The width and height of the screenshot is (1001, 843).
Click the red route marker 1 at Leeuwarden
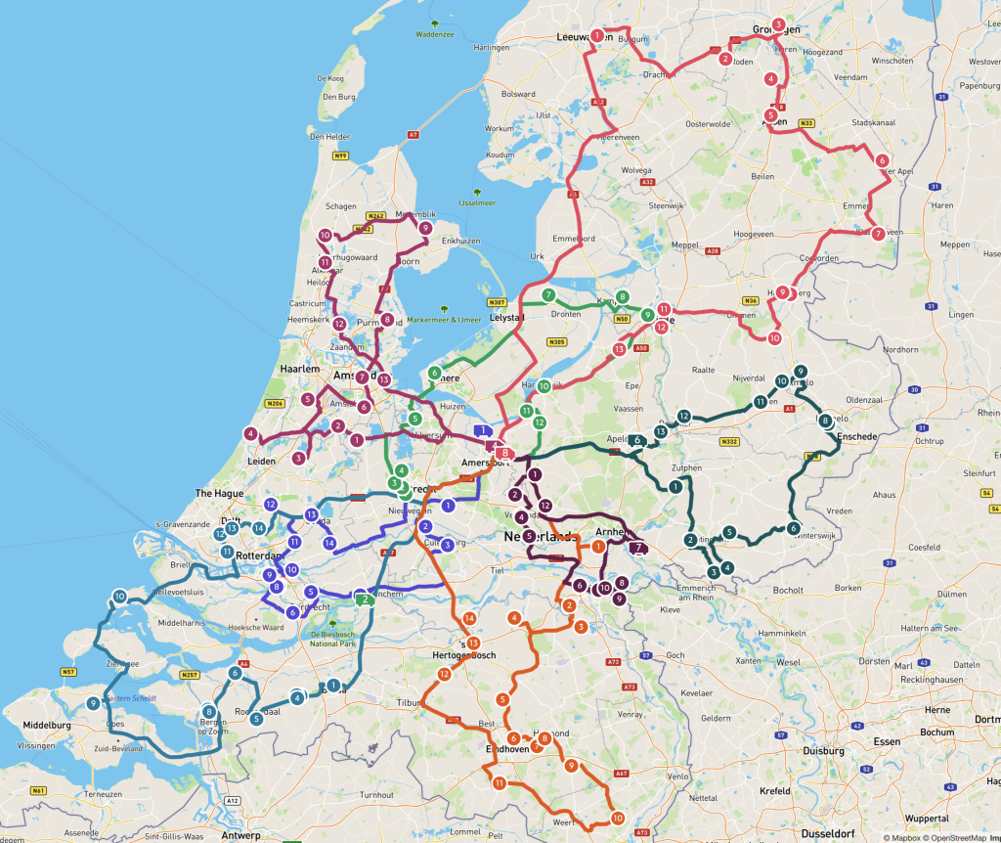point(596,36)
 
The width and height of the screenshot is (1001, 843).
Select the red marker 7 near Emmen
point(878,234)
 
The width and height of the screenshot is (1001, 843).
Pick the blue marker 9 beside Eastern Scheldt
point(93,703)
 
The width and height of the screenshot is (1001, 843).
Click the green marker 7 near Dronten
point(548,295)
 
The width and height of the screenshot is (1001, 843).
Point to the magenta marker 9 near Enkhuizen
point(425,228)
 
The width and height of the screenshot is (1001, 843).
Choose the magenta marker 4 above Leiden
point(251,433)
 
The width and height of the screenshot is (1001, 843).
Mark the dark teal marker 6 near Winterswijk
point(793,528)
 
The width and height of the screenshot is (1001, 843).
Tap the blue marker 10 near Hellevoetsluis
point(119,597)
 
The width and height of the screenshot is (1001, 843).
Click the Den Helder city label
point(329,137)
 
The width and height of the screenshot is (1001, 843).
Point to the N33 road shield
point(805,123)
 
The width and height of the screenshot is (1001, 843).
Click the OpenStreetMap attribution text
point(954,837)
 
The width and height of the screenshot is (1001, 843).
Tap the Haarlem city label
point(299,369)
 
